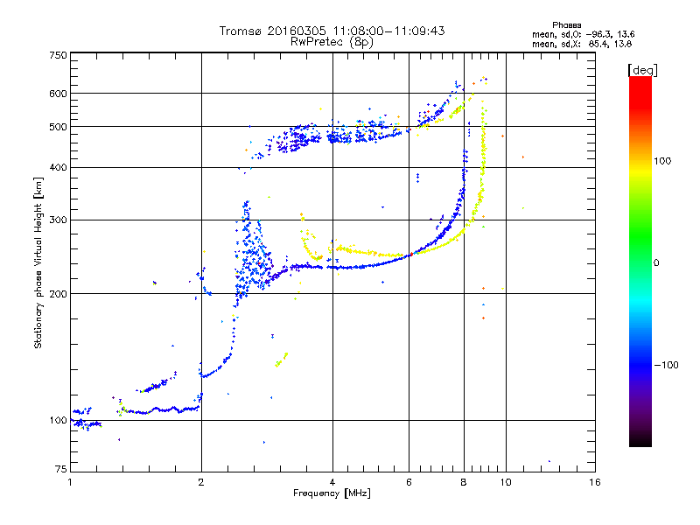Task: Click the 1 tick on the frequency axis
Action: pos(71,483)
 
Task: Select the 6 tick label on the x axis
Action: pos(409,483)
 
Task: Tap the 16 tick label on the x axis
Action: pos(594,483)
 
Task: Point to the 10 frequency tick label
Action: pos(505,483)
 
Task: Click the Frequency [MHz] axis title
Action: pos(332,494)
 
